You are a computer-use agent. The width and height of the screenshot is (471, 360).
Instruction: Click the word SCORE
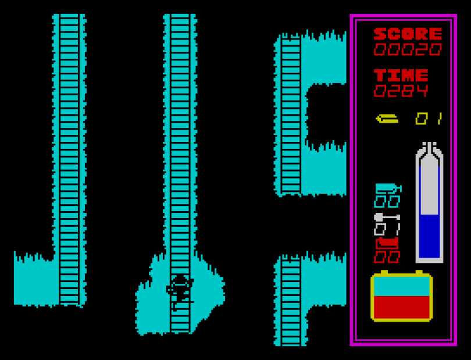tap(408, 34)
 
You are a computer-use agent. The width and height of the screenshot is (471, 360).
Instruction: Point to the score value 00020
tap(408, 49)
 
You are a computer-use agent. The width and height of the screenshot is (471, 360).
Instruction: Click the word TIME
tap(401, 75)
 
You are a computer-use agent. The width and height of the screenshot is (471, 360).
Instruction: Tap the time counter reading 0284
tap(401, 91)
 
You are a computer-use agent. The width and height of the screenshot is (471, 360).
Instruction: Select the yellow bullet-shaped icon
tap(387, 119)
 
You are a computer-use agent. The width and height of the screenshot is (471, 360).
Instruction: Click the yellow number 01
tap(429, 119)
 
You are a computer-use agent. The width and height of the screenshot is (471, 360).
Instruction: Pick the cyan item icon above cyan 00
tap(388, 188)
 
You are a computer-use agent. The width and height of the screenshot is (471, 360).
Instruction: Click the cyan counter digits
tap(387, 201)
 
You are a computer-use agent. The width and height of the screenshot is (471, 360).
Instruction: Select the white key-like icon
tap(387, 217)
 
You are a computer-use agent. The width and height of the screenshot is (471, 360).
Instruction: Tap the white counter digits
tap(387, 229)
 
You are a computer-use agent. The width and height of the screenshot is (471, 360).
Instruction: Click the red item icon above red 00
tap(387, 243)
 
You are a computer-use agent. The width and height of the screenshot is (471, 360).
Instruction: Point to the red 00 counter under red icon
tap(387, 256)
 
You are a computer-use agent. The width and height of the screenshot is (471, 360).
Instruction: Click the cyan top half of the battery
tap(401, 286)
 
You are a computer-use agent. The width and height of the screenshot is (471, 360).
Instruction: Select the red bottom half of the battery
tap(401, 307)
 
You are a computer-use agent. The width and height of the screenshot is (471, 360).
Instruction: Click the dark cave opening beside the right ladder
tap(326, 113)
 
